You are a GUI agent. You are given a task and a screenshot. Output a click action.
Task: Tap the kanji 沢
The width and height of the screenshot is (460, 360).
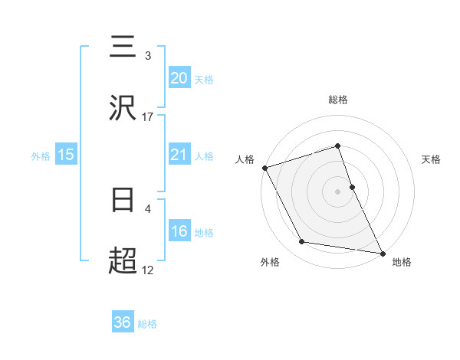click(123, 109)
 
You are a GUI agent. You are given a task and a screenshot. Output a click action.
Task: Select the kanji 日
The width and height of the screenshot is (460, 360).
click(123, 201)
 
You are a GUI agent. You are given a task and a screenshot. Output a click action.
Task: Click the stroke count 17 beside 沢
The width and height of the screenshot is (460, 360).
click(148, 117)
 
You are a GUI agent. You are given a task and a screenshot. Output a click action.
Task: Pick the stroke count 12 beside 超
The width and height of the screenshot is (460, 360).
click(148, 270)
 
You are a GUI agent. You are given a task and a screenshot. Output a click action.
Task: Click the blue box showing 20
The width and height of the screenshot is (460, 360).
click(179, 77)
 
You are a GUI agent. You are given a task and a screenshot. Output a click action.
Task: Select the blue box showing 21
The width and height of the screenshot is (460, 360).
click(179, 155)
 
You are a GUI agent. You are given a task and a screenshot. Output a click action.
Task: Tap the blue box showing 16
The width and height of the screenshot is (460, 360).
click(179, 231)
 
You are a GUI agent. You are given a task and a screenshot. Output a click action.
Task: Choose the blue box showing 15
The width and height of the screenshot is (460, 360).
click(66, 155)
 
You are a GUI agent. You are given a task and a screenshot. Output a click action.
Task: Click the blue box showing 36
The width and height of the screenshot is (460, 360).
click(123, 322)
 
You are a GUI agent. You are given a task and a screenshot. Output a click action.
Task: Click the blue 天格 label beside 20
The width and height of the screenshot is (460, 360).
click(204, 80)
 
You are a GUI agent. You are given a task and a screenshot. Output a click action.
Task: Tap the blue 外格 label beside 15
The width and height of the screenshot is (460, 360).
click(41, 156)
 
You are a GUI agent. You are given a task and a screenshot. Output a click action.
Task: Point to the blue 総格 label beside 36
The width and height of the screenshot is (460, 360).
click(147, 324)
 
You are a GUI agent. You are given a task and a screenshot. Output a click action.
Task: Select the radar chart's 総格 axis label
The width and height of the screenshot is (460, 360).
click(338, 100)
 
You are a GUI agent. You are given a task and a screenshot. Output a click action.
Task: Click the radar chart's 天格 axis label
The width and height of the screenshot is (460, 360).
click(432, 159)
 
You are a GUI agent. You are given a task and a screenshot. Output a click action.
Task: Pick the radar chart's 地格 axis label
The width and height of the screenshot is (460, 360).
click(402, 262)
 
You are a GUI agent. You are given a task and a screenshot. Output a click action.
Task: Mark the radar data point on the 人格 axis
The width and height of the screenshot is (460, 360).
click(264, 168)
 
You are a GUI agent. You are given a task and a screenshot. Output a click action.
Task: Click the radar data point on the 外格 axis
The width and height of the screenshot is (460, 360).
click(302, 242)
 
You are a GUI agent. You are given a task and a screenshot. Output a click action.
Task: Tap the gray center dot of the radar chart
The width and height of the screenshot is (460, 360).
click(338, 191)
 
